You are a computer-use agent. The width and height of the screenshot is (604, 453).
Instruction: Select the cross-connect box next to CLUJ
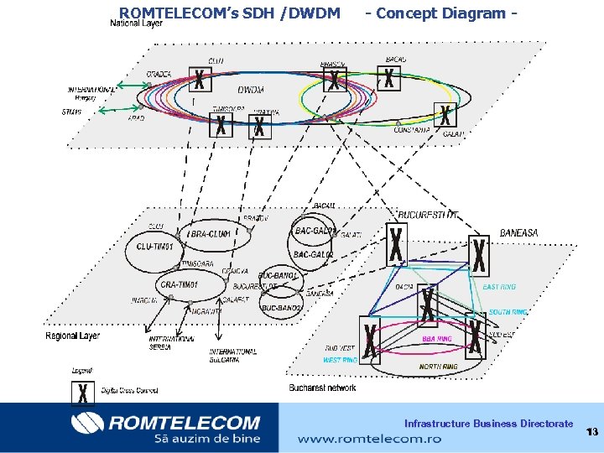(199, 81)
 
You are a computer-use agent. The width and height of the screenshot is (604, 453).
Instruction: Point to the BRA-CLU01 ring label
(211, 233)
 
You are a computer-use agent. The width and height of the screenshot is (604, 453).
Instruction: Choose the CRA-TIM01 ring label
(178, 285)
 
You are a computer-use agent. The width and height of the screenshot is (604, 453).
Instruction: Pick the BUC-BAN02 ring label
(281, 308)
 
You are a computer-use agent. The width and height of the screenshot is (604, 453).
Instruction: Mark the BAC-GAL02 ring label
(313, 253)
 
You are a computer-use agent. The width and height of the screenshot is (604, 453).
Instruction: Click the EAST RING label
(499, 287)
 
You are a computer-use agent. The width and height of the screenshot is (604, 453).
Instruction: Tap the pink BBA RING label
(436, 339)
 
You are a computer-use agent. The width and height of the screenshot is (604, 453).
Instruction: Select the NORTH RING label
(438, 367)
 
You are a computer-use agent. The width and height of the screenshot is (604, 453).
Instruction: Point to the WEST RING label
(340, 360)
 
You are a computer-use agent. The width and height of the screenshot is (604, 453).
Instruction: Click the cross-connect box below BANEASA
(479, 257)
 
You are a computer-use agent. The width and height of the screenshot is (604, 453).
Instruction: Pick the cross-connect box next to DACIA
(428, 304)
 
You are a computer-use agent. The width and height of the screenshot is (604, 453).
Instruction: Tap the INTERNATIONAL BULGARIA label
(233, 355)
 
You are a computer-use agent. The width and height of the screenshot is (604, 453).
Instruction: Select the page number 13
(591, 432)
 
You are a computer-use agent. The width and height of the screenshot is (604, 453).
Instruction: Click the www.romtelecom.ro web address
(358, 438)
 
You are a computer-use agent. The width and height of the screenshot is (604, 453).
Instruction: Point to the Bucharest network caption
(322, 388)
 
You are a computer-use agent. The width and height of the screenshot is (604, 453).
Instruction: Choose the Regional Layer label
(72, 336)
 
